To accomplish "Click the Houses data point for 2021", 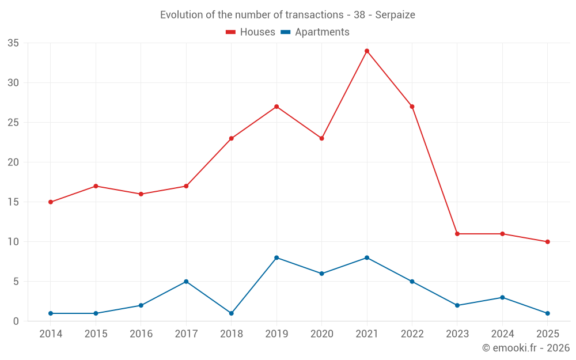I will point(367,51).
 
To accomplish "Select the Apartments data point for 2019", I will point(276,257).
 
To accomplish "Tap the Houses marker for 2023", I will point(457,234).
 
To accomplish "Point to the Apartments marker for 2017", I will point(186,282).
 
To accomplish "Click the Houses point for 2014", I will point(51,202).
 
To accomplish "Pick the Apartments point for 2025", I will point(547,313).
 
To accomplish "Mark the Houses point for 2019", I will point(276,107).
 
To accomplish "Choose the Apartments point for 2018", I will point(232,313).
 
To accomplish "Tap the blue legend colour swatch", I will point(285,32).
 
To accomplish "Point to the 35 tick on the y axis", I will point(13,43).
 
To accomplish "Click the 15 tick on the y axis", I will point(13,202).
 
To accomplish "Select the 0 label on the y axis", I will point(16,321).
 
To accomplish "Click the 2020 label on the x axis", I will point(321,334).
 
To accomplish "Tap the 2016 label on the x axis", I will point(141,334).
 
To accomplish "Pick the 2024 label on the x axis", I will point(502,334).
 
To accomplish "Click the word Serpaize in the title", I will point(395,15).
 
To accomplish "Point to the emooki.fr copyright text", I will point(526,348).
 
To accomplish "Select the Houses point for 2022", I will point(412,107).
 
